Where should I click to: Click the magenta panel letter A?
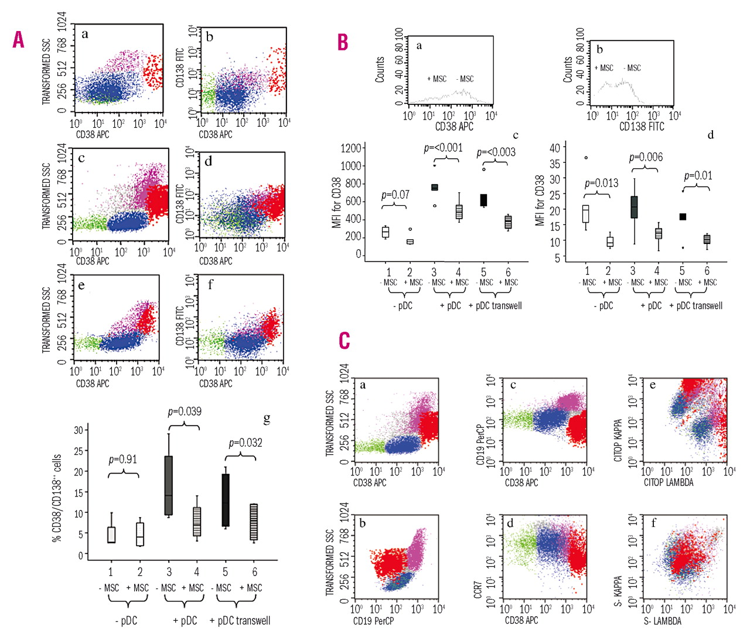tap(19, 40)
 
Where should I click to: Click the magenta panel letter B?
tap(343, 42)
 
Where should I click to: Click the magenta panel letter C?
tap(345, 341)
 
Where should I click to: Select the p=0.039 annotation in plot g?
tap(185, 412)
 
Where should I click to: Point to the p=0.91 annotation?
tap(123, 460)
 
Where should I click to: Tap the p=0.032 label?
tap(245, 443)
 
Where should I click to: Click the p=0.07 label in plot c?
tap(396, 195)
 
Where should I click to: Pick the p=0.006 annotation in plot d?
tap(646, 157)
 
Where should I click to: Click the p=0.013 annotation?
tap(601, 183)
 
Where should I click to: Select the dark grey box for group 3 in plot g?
tap(169, 485)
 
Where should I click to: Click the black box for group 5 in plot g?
tap(226, 500)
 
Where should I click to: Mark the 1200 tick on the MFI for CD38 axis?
tap(351, 148)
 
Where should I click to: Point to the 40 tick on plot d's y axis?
tap(554, 147)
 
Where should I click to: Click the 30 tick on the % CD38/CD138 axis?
tap(78, 430)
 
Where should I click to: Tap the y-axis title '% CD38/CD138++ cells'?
tap(57, 497)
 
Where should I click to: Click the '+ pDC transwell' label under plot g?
tap(240, 620)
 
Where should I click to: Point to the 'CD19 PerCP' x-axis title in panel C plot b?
tap(373, 621)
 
